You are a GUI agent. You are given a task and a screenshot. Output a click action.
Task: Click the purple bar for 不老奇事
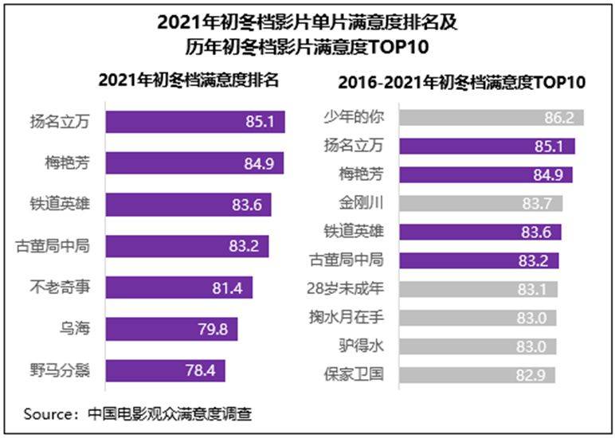[x=178, y=287]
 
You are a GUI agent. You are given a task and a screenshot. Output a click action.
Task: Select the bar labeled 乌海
[x=170, y=329]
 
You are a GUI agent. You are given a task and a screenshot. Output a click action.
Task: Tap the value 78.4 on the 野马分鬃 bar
[x=200, y=371]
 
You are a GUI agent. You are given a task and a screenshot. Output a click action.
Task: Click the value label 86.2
[x=558, y=117]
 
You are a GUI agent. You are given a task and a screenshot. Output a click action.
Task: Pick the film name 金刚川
[x=360, y=203]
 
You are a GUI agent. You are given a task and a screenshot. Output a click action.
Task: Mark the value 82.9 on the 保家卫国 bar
[x=531, y=374]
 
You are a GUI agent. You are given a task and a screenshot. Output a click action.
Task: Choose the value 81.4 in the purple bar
[x=228, y=287]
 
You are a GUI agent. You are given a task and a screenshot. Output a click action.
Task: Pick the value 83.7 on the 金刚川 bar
[x=539, y=203]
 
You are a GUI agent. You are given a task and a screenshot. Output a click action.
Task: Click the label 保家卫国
[x=355, y=374]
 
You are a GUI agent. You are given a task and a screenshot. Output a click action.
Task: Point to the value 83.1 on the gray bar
[x=533, y=288]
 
